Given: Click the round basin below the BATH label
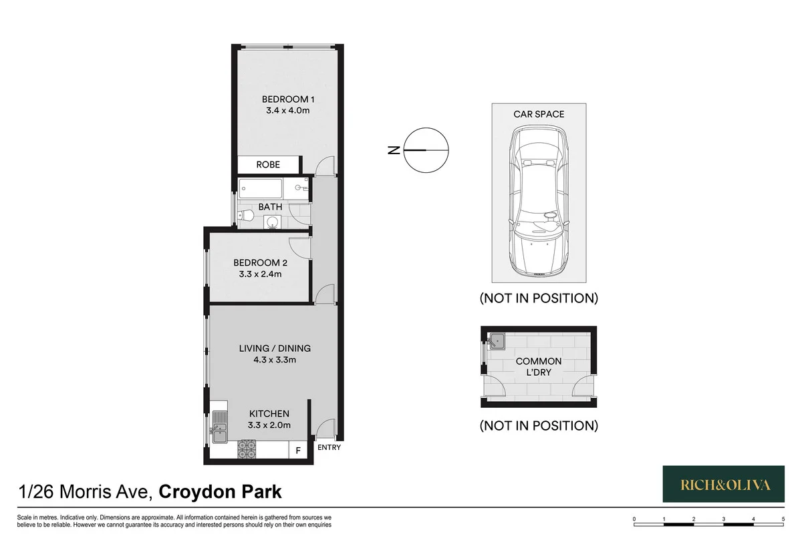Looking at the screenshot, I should click(271, 222).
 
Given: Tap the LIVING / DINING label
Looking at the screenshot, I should click(275, 348).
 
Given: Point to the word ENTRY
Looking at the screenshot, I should click(329, 447).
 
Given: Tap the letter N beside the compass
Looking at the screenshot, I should click(393, 150).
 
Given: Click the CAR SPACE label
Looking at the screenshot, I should click(539, 114).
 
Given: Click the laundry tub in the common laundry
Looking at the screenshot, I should click(497, 342).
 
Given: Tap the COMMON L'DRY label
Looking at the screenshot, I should click(539, 366).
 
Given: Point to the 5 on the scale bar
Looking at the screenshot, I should click(783, 518).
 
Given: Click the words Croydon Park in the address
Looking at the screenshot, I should click(220, 493).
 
